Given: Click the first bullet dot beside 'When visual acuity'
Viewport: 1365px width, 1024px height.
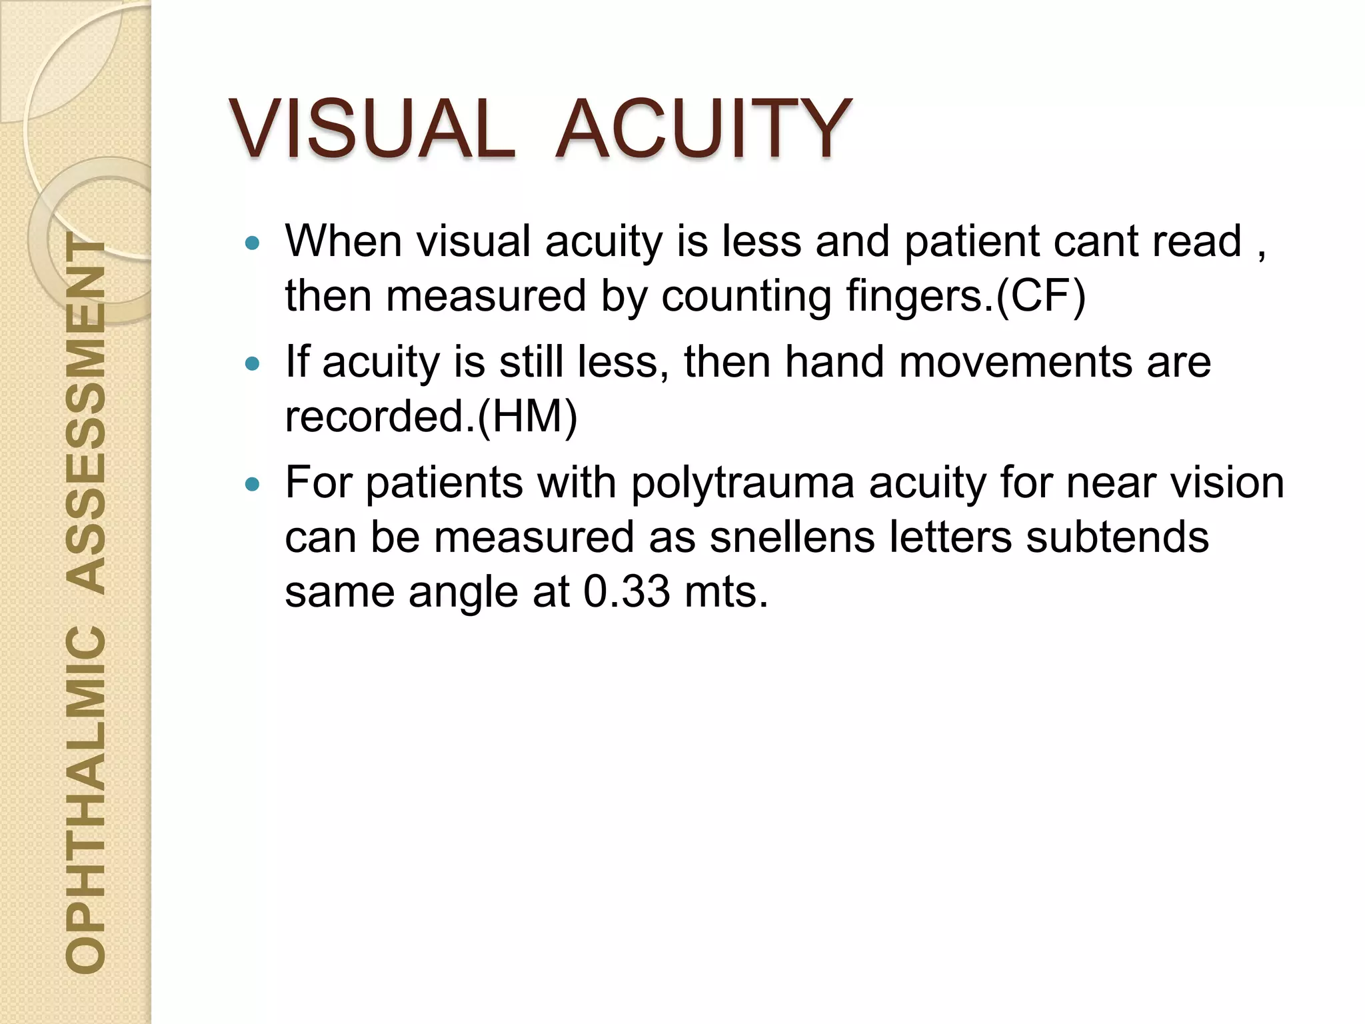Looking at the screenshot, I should (x=251, y=243).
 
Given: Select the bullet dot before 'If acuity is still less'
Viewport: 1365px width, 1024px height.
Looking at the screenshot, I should (x=251, y=364).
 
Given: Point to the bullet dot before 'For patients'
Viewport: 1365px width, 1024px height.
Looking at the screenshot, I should (x=251, y=485).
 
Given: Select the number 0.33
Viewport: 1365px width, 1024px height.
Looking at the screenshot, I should (x=627, y=591).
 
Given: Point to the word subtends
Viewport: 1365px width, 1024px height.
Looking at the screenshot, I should (x=1117, y=537).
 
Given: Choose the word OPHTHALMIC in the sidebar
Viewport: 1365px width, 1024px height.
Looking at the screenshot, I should (x=87, y=797).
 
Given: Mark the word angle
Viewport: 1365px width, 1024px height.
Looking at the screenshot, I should (x=463, y=591).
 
